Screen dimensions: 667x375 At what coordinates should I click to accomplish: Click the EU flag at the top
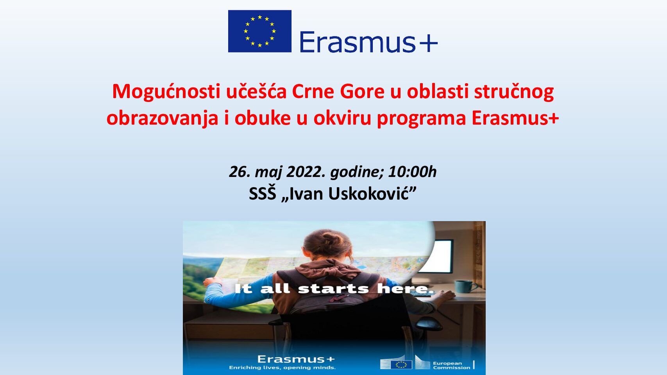(260, 31)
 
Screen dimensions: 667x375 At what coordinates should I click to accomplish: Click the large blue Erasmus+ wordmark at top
(368, 42)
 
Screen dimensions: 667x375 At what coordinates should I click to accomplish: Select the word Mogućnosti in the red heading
(166, 92)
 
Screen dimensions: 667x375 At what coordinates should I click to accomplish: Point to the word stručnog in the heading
(514, 92)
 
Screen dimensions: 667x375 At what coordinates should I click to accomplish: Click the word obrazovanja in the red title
(162, 118)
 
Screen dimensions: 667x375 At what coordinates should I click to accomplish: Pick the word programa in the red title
(421, 118)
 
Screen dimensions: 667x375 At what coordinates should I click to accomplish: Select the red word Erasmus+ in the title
(515, 118)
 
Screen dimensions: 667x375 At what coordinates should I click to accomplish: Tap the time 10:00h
(412, 172)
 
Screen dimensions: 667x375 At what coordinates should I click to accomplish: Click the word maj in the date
(268, 172)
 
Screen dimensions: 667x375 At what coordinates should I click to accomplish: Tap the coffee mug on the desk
(464, 287)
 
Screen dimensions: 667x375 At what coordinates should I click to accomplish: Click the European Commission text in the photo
(452, 366)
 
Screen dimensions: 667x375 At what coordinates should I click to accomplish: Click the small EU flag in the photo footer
(401, 364)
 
